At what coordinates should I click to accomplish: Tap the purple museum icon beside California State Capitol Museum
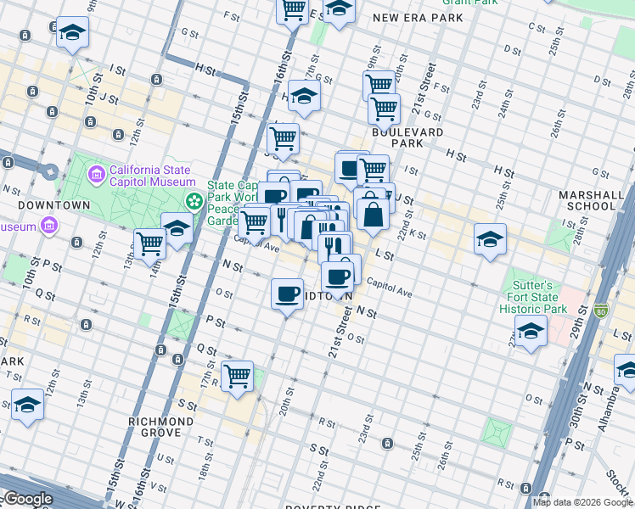pyautogui.click(x=97, y=175)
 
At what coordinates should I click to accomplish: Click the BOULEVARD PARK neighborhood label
pyautogui.click(x=407, y=138)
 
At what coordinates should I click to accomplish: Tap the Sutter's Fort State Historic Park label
pyautogui.click(x=532, y=297)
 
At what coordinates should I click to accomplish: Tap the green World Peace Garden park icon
pyautogui.click(x=194, y=202)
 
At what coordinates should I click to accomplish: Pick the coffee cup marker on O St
pyautogui.click(x=287, y=294)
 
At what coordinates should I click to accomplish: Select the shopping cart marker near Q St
pyautogui.click(x=237, y=376)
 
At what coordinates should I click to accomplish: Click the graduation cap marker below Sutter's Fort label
pyautogui.click(x=531, y=332)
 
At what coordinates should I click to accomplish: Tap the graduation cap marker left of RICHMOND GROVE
pyautogui.click(x=27, y=405)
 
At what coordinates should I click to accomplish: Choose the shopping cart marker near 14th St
pyautogui.click(x=150, y=243)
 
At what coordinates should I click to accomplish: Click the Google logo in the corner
pyautogui.click(x=27, y=499)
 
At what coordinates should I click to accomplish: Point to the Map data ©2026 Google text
pyautogui.click(x=582, y=502)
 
